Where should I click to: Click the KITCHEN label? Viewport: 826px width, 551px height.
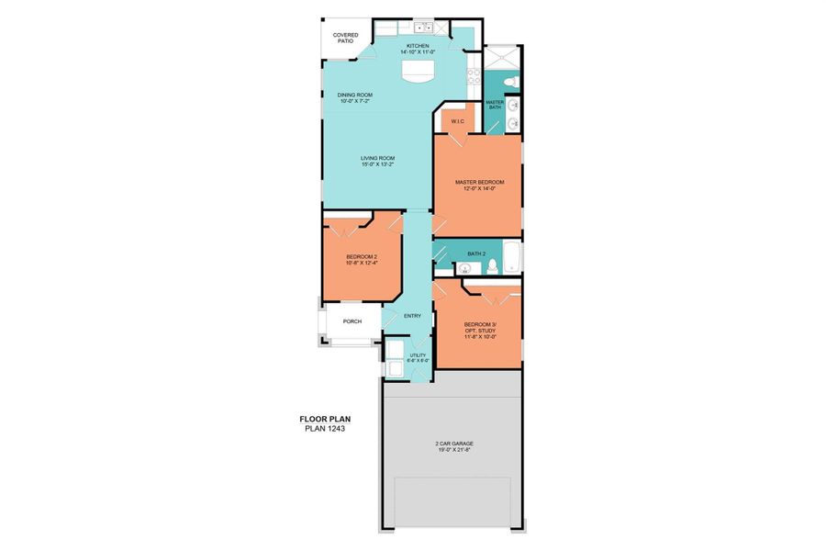click(419, 44)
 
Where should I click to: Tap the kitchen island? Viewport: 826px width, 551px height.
click(418, 73)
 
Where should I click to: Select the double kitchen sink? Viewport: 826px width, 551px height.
click(423, 27)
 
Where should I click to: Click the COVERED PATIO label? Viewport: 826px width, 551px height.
click(345, 38)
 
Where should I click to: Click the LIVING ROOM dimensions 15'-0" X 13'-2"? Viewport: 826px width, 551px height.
click(377, 165)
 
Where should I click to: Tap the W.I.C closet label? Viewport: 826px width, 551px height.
click(456, 120)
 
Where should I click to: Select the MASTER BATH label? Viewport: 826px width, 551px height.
click(494, 105)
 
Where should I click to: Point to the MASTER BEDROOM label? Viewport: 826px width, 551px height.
click(480, 182)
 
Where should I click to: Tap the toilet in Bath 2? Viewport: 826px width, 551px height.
click(492, 266)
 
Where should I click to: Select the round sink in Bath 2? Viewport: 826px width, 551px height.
click(465, 269)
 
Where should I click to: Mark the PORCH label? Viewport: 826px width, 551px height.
click(352, 321)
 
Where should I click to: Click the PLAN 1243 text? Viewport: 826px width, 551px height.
click(325, 428)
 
